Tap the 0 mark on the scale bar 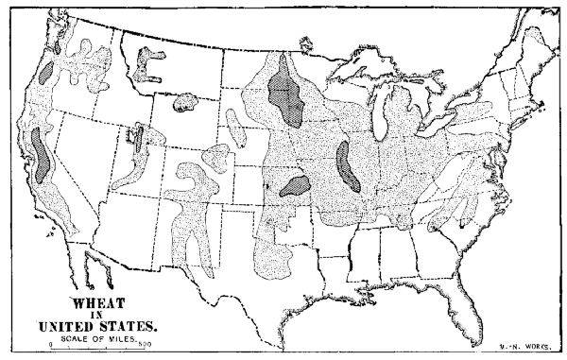(x=51, y=347)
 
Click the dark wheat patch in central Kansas (x=296, y=184)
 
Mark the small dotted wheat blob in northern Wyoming (x=185, y=101)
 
